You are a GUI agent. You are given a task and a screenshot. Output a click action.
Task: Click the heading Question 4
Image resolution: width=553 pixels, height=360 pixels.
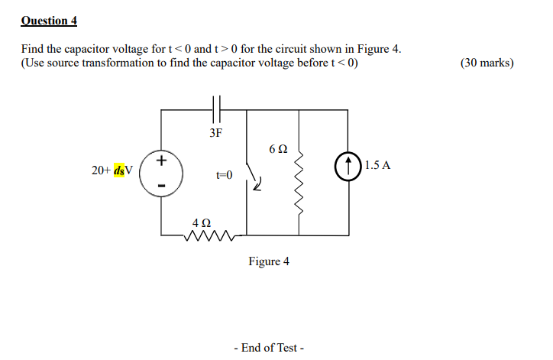49,20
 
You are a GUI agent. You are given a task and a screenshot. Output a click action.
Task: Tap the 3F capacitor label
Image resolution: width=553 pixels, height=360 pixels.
215,134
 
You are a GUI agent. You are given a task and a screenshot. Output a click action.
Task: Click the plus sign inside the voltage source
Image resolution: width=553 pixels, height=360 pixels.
161,161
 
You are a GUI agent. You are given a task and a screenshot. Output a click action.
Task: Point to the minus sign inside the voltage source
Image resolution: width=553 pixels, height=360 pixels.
161,185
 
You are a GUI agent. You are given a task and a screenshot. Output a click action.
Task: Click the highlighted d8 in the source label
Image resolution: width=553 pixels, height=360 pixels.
121,170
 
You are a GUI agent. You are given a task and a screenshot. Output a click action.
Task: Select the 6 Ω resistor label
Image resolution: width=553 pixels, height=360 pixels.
279,148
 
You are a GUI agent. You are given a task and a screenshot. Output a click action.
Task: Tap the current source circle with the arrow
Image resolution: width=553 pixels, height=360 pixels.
348,165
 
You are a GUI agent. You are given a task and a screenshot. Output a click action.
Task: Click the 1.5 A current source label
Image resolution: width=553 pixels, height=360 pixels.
377,164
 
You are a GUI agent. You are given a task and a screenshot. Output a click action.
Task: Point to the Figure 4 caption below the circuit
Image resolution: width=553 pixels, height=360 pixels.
269,261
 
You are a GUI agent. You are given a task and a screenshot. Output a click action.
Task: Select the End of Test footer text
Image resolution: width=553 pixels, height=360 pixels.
269,348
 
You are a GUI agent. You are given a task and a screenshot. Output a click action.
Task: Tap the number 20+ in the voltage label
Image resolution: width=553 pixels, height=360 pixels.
102,170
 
